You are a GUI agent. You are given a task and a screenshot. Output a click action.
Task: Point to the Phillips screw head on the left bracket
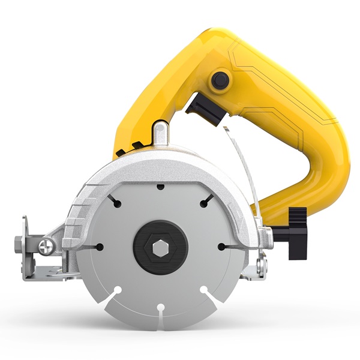coord(47,245)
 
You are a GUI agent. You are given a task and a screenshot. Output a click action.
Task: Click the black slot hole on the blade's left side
coord(98,246)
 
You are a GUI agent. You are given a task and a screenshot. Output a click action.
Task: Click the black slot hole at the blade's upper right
coord(205,203)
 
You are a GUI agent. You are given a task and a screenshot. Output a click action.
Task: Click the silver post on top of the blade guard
coord(160,133)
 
